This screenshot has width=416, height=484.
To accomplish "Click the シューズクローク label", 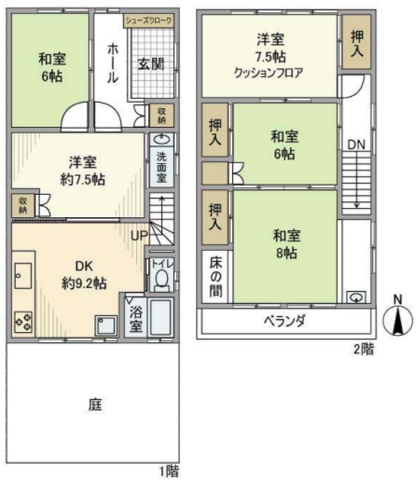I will pyautogui.click(x=149, y=21).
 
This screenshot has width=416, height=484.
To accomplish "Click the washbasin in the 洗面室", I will pyautogui.click(x=160, y=140).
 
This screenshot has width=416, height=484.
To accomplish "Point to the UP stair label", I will pyautogui.click(x=139, y=237).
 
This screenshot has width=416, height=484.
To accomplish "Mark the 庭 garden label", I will pyautogui.click(x=95, y=405).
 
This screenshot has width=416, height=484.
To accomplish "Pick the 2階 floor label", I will pyautogui.click(x=363, y=349).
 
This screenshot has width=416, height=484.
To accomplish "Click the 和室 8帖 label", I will pyautogui.click(x=284, y=244).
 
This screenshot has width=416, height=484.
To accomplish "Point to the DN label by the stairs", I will pyautogui.click(x=355, y=144).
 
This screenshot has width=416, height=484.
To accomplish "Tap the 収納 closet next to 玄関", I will pyautogui.click(x=161, y=114).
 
